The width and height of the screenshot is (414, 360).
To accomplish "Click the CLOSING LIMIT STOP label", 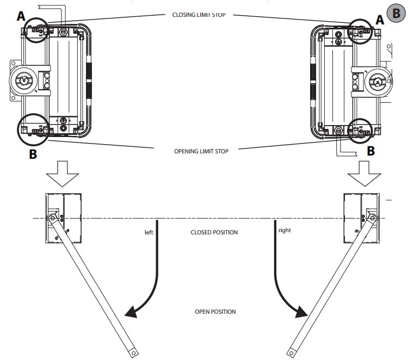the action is pyautogui.click(x=199, y=15).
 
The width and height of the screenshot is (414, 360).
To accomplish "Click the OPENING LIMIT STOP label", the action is pyautogui.click(x=201, y=151).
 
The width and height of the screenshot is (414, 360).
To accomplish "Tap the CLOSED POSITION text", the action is pyautogui.click(x=214, y=232).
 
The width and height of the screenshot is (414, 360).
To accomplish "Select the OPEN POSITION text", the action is pyautogui.click(x=215, y=312).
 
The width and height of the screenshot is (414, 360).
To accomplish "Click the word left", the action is pyautogui.click(x=149, y=232).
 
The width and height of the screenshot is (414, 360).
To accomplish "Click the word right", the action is pyautogui.click(x=285, y=231).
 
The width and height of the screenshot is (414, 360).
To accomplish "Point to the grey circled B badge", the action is pyautogui.click(x=396, y=13).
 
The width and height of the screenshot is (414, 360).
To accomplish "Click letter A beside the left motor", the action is pyautogui.click(x=21, y=16).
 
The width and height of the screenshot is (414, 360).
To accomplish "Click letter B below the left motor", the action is pyautogui.click(x=33, y=154).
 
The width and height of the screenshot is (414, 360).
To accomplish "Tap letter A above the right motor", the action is pyautogui.click(x=380, y=20).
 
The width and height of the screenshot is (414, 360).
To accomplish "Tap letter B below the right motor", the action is pyautogui.click(x=371, y=151).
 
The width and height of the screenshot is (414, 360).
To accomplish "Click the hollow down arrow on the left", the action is pyautogui.click(x=63, y=173).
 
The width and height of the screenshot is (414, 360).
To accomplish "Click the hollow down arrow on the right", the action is pyautogui.click(x=364, y=173).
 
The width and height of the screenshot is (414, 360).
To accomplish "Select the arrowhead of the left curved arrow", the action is pyautogui.click(x=131, y=312).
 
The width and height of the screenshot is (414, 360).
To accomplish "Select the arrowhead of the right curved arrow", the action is pyautogui.click(x=301, y=312).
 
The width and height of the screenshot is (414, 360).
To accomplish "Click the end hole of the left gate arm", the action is pyautogui.click(x=134, y=353).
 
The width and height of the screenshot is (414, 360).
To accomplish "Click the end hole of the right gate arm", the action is pyautogui.click(x=291, y=353).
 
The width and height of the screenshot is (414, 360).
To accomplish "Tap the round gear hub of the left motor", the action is pyautogui.click(x=24, y=80).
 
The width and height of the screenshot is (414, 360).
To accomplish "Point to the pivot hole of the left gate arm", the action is pyautogui.click(x=53, y=218).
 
